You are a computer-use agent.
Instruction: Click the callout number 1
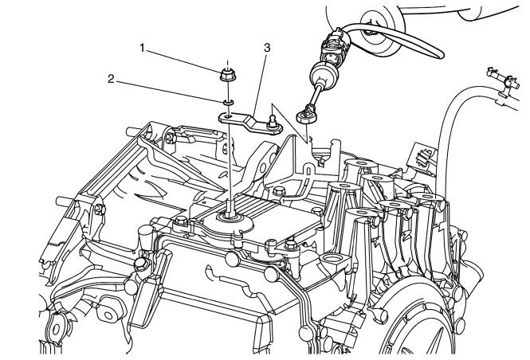coord(142,48)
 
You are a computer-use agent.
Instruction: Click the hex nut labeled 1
coord(226,76)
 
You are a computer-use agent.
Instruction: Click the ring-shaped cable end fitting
coord(304,116)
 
